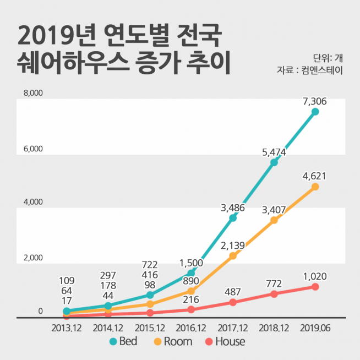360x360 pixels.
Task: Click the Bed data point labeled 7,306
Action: (x=315, y=112)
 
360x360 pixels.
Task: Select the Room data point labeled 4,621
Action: (x=315, y=187)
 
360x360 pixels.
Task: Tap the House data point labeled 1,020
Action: (x=315, y=287)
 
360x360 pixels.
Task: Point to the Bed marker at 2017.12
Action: (x=233, y=218)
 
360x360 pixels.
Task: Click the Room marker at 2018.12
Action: (x=274, y=220)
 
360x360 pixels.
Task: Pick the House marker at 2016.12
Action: (x=191, y=309)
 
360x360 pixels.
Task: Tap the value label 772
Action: (x=274, y=283)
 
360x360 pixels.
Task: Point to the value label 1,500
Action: (x=191, y=263)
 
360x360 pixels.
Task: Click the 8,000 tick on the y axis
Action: (x=33, y=94)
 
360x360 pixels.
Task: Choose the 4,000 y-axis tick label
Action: (x=33, y=202)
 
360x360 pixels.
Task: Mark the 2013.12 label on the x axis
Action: (x=66, y=328)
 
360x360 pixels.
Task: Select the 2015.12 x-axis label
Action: (x=149, y=328)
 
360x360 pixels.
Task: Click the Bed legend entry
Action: (x=123, y=342)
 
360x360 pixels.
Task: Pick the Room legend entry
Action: (x=172, y=342)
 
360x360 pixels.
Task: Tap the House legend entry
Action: (x=225, y=342)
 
